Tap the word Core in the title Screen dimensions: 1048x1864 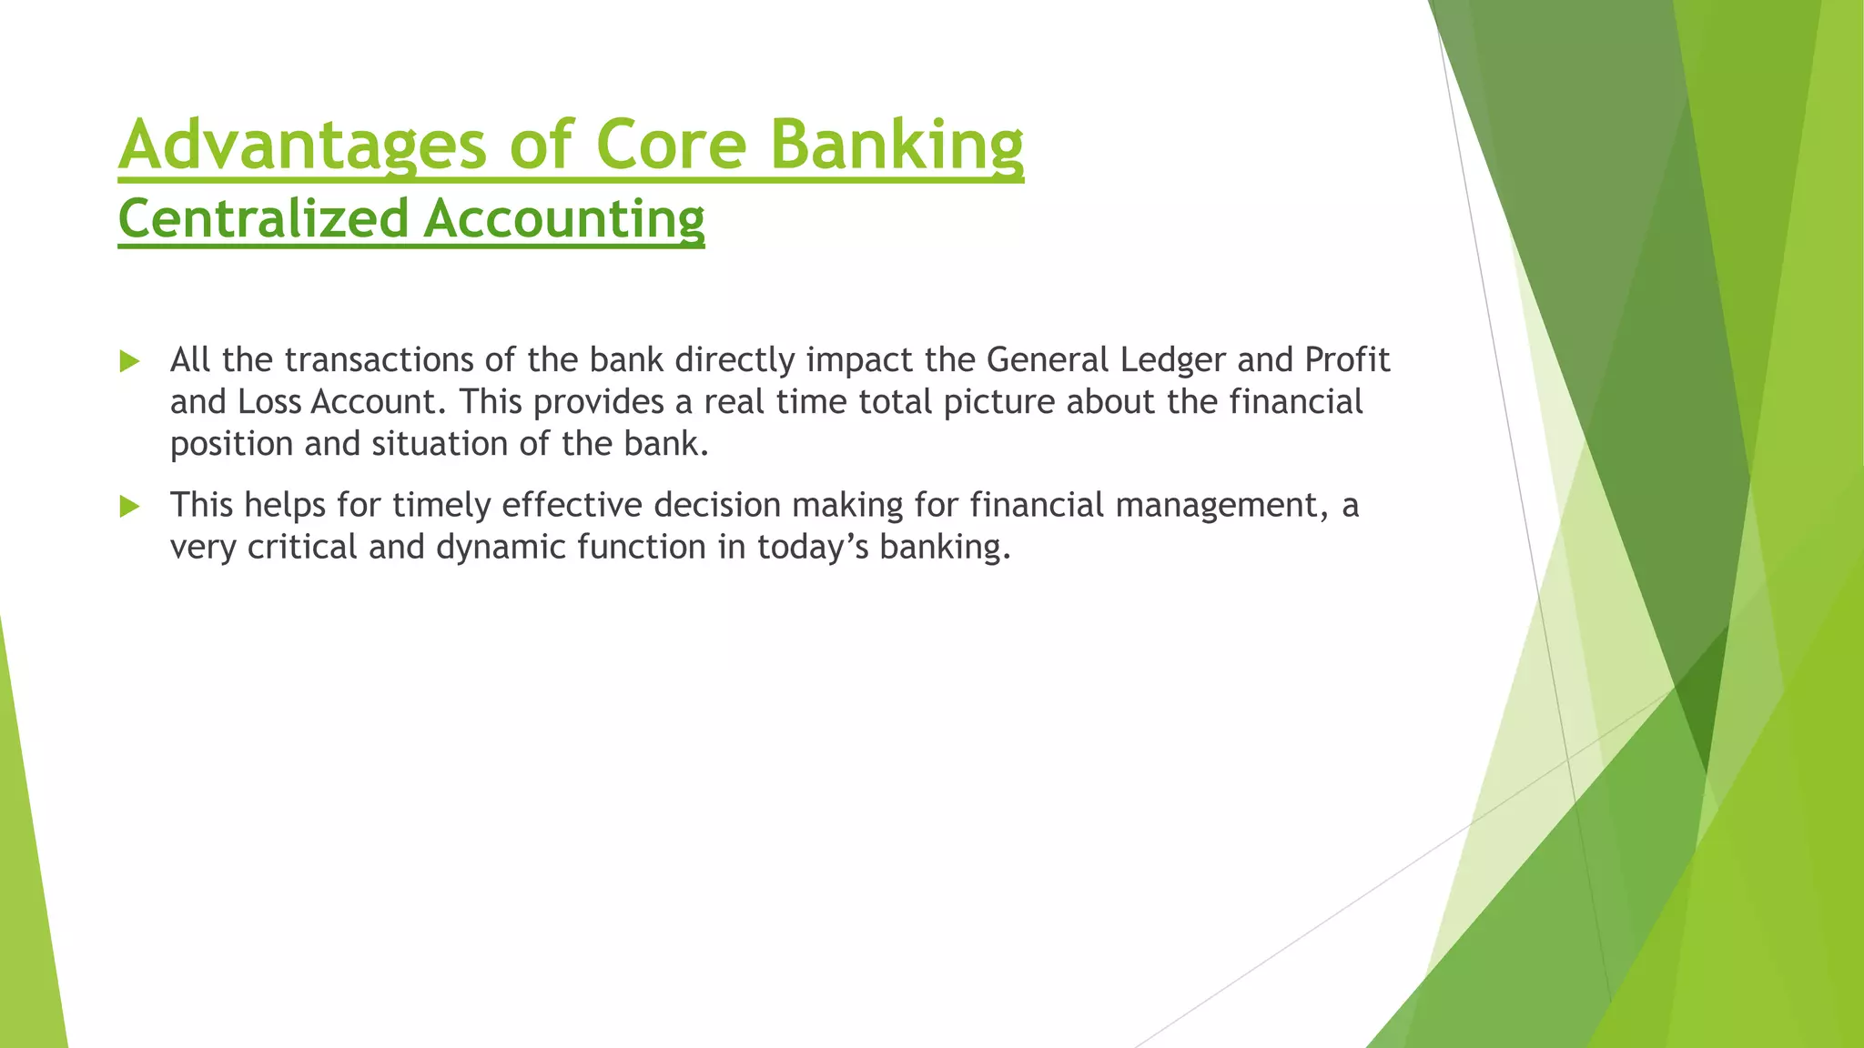coord(670,145)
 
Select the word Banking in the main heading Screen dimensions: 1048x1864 coord(897,145)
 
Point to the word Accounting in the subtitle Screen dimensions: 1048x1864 coord(563,219)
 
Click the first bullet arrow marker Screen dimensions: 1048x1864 coord(129,361)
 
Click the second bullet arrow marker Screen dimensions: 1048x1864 coord(129,506)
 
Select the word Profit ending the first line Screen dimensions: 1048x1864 coord(1346,360)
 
